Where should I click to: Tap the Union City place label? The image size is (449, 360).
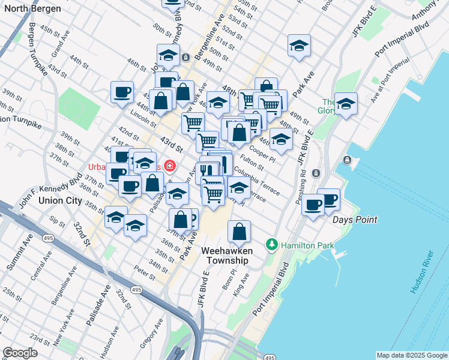click(x=59, y=200)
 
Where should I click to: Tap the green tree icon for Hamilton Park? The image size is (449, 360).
click(x=273, y=244)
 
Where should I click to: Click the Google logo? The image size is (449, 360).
click(x=20, y=353)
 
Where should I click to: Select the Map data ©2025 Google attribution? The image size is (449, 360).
click(x=412, y=355)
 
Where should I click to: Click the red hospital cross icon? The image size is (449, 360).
click(x=170, y=164)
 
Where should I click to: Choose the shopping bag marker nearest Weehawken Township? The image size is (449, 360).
click(x=239, y=232)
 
